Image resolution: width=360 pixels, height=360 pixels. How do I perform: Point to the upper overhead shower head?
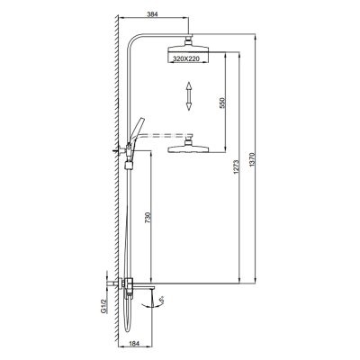click(x=190, y=55)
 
